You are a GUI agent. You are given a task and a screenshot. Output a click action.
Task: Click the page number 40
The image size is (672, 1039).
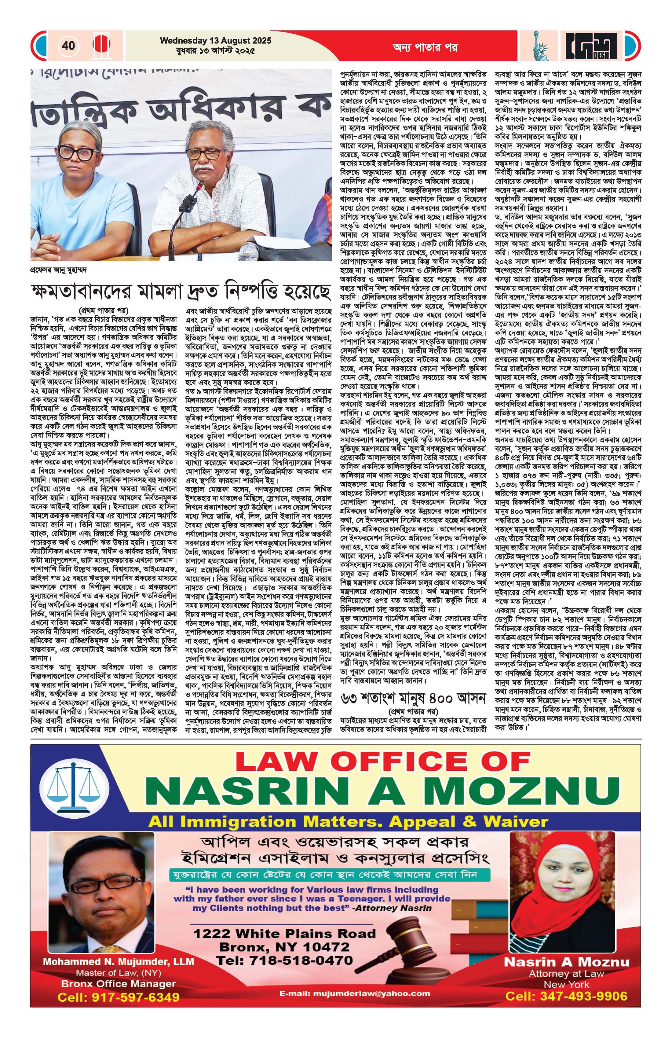click(68, 46)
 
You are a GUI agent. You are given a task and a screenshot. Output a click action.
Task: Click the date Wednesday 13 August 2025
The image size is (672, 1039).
click(216, 41)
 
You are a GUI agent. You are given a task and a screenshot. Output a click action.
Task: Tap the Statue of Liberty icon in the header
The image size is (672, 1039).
click(541, 46)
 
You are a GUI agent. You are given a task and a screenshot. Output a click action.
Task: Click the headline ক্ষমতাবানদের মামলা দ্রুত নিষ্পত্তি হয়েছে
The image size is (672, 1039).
click(181, 291)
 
